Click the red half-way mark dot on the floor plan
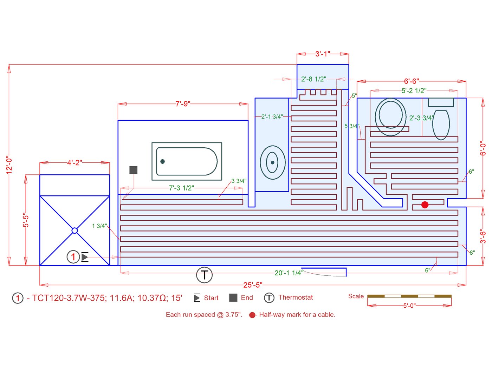425,205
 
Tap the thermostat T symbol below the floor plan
204,275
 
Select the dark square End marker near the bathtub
134,170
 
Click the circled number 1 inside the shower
73,257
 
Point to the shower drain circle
75,230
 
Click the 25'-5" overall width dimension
253,285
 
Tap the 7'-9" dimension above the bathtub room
183,104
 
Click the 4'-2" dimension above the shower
75,163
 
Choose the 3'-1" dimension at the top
323,54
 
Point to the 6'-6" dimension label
411,81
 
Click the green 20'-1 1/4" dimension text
289,273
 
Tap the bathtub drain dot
162,161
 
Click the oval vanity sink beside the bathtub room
273,162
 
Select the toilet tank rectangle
441,102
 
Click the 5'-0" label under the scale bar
409,306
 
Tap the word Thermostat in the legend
296,297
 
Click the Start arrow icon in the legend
197,298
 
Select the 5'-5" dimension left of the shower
26,220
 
